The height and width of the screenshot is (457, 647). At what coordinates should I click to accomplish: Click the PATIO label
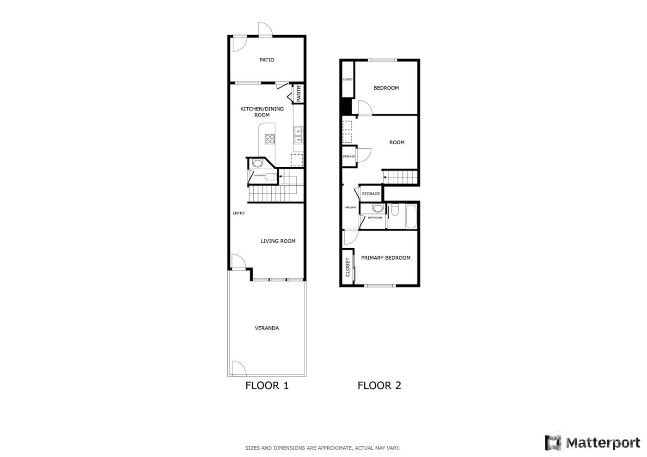[267, 60]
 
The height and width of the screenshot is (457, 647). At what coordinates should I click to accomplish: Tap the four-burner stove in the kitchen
[270, 139]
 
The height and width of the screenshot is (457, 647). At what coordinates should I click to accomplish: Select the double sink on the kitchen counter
[299, 135]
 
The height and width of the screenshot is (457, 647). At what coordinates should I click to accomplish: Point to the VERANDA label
[267, 328]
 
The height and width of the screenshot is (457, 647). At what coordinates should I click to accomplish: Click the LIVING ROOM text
[278, 241]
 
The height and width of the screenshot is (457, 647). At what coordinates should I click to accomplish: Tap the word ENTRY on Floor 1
[238, 213]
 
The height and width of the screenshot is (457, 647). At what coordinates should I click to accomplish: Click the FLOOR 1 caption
[267, 385]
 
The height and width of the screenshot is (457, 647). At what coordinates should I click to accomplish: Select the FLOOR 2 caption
[379, 385]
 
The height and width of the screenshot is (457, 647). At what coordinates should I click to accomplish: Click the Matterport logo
[593, 443]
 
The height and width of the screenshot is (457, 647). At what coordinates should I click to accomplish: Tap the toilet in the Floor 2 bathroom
[394, 211]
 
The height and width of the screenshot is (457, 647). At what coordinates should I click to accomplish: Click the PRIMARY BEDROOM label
[385, 258]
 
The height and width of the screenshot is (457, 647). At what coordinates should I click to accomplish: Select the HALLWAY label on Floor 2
[350, 207]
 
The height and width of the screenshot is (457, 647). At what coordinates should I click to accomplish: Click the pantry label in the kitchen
[299, 94]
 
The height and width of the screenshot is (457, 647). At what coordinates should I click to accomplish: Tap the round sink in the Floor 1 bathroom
[257, 163]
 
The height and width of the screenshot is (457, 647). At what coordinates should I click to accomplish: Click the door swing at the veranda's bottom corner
[238, 368]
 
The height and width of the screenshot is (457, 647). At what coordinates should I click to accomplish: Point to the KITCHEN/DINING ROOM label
[262, 112]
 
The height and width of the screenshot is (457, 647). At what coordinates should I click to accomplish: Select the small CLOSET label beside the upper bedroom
[348, 79]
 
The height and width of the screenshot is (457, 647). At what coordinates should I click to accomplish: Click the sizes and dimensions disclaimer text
[322, 448]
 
